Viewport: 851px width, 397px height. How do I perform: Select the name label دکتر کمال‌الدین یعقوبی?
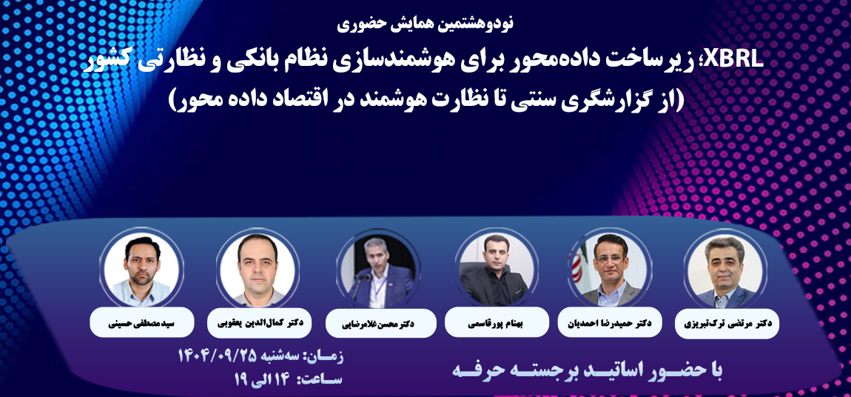click(260, 322)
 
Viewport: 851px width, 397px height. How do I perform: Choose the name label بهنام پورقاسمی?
click(491, 324)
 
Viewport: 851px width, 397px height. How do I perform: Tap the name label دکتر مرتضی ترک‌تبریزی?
click(727, 324)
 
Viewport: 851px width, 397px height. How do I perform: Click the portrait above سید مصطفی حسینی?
click(141, 270)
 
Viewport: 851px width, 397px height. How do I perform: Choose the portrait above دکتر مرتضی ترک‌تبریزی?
click(724, 269)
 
